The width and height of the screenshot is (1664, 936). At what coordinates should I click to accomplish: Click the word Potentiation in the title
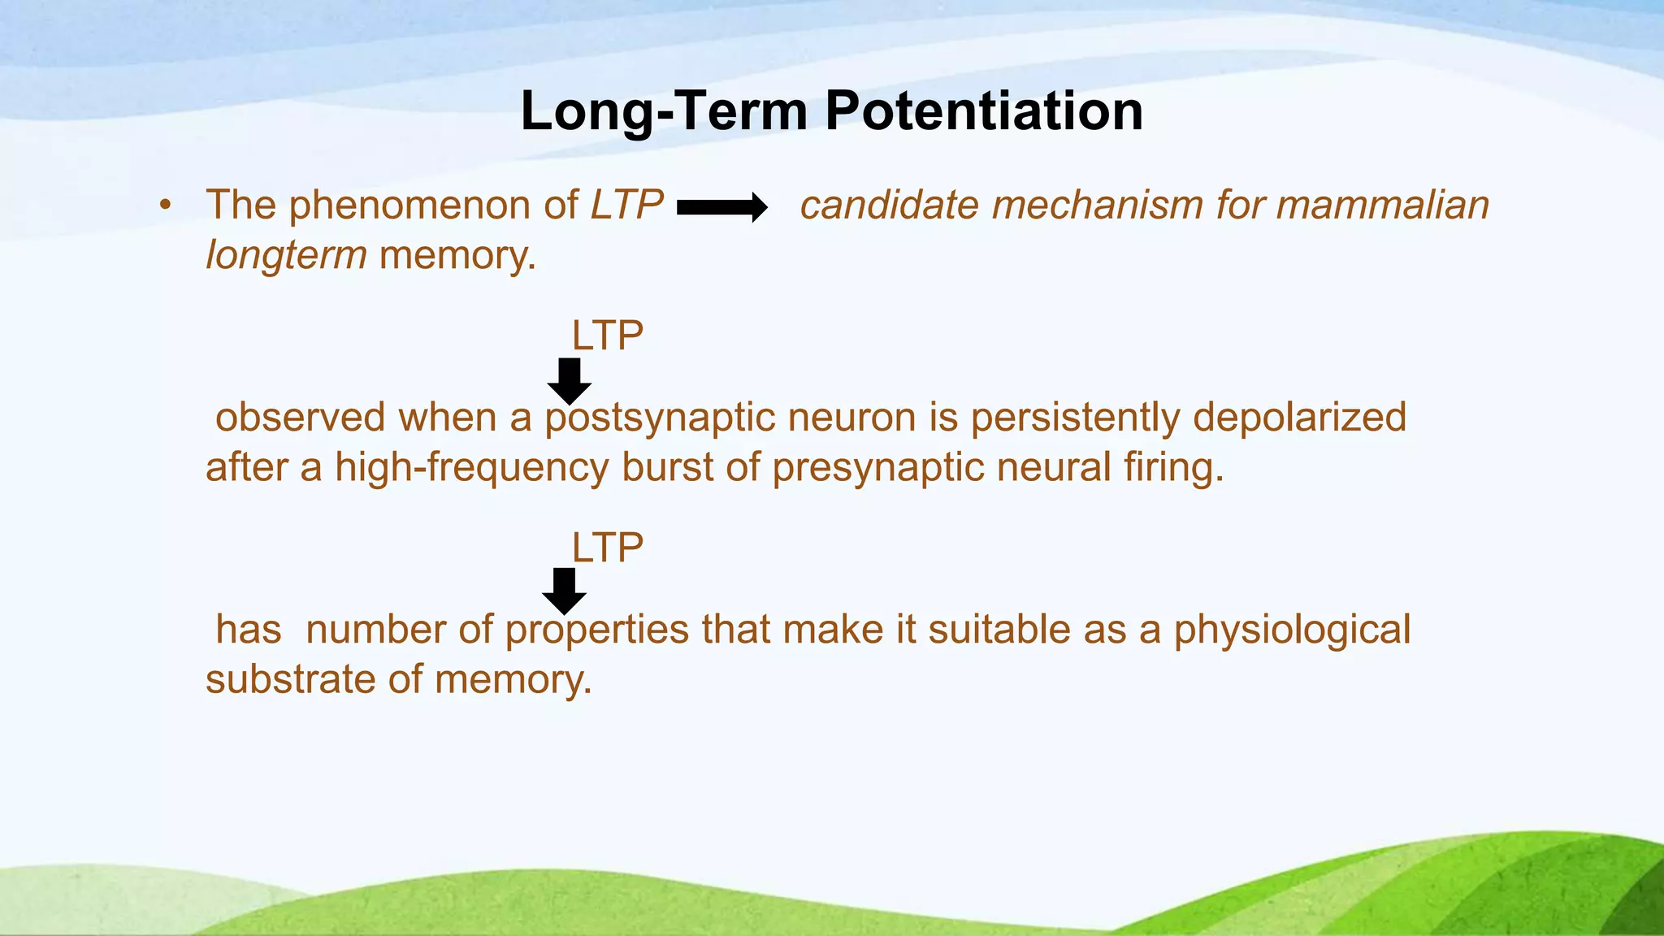coord(984,111)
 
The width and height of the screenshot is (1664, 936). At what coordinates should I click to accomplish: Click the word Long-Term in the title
coord(664,111)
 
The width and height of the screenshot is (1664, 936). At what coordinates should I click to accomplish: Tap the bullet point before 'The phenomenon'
coord(166,205)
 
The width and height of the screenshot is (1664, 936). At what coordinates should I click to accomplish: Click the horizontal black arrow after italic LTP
coord(721,208)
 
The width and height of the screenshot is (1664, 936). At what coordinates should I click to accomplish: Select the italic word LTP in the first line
coord(626,205)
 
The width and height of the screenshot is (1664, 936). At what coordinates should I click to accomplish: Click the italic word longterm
coord(286,255)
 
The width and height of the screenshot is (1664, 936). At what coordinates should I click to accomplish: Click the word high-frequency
coord(471,468)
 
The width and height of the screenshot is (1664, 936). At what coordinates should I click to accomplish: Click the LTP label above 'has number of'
coord(607,548)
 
